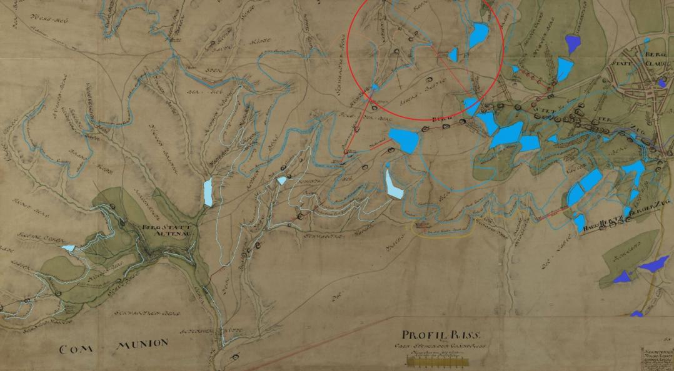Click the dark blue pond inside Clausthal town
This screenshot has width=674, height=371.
click(661, 82)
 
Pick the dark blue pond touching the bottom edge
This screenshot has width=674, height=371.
click(636, 314)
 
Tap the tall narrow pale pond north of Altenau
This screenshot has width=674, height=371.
click(208, 192)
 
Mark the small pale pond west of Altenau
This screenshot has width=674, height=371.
click(68, 248)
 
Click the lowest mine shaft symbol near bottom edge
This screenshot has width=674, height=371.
click(235, 357)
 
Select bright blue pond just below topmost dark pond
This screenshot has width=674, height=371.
click(564, 69)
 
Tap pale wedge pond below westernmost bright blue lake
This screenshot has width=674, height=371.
click(393, 185)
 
